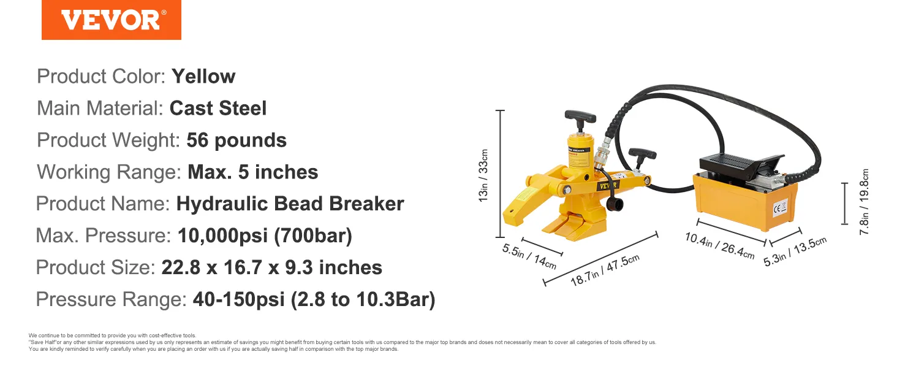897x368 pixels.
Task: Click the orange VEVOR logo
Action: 112,20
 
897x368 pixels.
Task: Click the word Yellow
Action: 203,76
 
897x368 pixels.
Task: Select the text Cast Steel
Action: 218,108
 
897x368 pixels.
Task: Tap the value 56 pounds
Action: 237,140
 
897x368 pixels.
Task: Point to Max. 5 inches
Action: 252,172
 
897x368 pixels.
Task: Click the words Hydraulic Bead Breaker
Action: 290,204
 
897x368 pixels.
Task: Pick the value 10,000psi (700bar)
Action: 265,236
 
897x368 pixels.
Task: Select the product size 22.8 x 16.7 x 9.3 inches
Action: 271,267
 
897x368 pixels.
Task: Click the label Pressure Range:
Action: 112,299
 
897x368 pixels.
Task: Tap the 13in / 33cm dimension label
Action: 483,175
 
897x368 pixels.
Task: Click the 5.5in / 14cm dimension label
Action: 529,256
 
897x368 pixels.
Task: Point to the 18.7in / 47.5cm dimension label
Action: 605,270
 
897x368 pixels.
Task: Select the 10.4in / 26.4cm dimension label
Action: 719,245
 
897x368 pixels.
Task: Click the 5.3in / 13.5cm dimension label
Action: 795,251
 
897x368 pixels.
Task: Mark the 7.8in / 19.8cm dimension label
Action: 864,202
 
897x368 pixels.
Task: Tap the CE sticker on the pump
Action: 780,208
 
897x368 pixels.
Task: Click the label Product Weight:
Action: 108,140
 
